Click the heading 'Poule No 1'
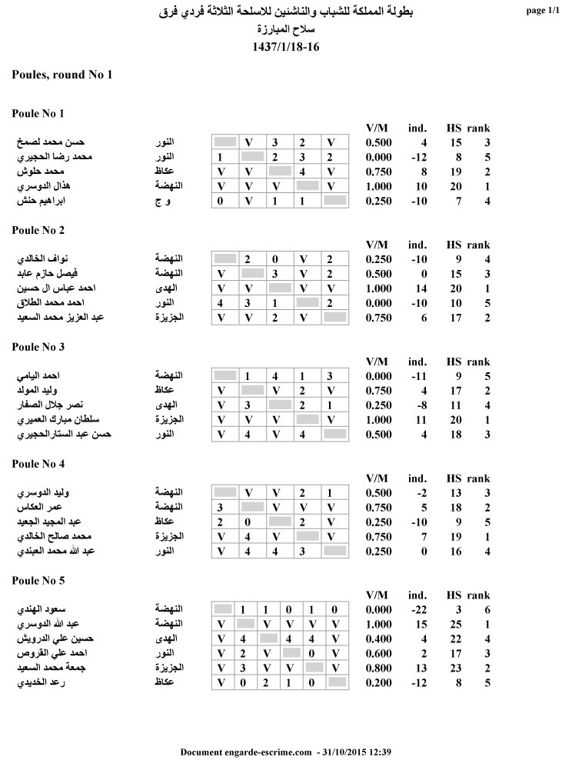[x=38, y=114]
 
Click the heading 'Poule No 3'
[x=38, y=347]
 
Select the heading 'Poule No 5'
[x=38, y=580]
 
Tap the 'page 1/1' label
[x=544, y=11]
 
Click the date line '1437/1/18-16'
[x=285, y=47]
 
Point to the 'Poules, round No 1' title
[x=62, y=75]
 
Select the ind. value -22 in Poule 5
[x=418, y=609]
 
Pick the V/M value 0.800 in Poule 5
[x=378, y=668]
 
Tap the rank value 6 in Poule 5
[x=487, y=609]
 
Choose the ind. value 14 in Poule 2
[x=421, y=288]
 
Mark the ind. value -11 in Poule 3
[x=418, y=376]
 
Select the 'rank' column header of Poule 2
[x=477, y=245]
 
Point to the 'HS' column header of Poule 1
[x=454, y=128]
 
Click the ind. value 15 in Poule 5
[x=421, y=624]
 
